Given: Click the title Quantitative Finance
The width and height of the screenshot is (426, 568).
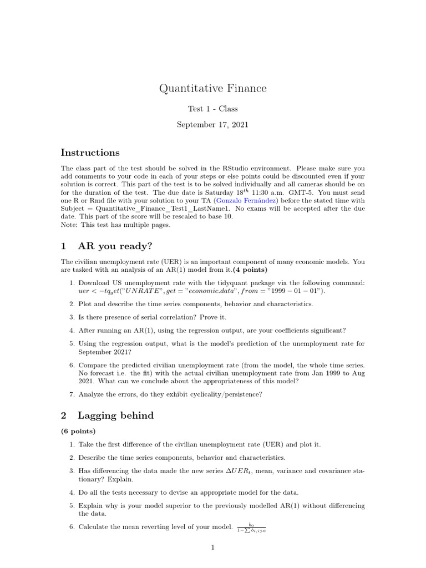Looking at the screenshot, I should [x=212, y=88].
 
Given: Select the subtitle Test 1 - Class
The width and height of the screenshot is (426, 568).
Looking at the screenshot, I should [x=212, y=109].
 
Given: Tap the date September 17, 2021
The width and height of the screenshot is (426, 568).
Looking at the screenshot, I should [x=212, y=125].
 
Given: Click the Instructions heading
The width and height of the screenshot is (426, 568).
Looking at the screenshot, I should [x=90, y=153].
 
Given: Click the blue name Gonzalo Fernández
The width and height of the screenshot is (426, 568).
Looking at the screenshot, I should [x=246, y=200].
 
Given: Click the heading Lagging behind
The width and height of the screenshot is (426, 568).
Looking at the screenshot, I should [x=115, y=415].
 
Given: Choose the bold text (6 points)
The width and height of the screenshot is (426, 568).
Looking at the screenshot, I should [x=78, y=431].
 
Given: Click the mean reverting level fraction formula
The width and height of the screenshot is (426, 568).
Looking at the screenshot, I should [x=251, y=527].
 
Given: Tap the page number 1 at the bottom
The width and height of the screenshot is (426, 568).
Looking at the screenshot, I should [x=212, y=547].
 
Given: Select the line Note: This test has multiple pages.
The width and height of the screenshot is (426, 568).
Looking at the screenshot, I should [x=118, y=225].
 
